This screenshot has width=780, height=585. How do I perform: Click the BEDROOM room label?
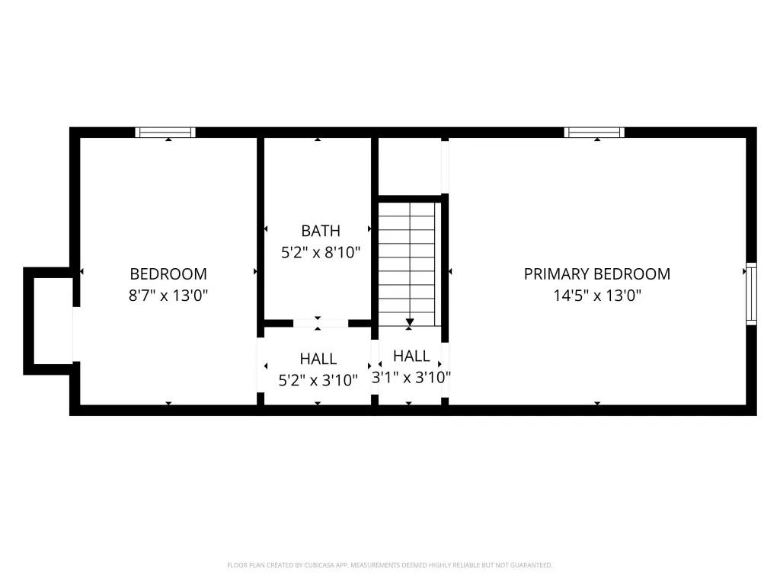[168, 274]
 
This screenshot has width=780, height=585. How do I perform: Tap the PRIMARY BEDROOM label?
[597, 274]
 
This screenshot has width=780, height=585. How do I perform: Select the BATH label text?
[321, 231]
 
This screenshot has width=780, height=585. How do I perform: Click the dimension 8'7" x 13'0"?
[168, 296]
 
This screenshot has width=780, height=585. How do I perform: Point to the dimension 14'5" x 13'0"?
[597, 296]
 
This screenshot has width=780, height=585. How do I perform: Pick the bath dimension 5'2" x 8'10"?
[321, 253]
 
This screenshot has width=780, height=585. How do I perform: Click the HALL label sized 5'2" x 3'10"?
[318, 359]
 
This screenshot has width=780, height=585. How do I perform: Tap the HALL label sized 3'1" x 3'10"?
[411, 356]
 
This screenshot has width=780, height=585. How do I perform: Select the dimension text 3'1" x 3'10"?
[411, 378]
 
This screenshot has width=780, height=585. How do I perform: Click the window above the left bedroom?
[165, 133]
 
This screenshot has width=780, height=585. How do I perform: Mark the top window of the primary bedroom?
[594, 133]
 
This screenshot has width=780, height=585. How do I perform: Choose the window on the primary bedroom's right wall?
[751, 294]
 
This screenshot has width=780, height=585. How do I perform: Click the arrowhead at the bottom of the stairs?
[410, 322]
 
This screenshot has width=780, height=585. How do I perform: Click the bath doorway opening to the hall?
[321, 323]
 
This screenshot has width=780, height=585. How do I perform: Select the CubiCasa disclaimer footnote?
[390, 565]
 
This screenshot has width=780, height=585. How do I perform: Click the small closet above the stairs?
[410, 167]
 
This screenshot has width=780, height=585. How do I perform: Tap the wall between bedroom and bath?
[261, 234]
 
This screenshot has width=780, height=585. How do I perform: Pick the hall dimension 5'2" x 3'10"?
[318, 381]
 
